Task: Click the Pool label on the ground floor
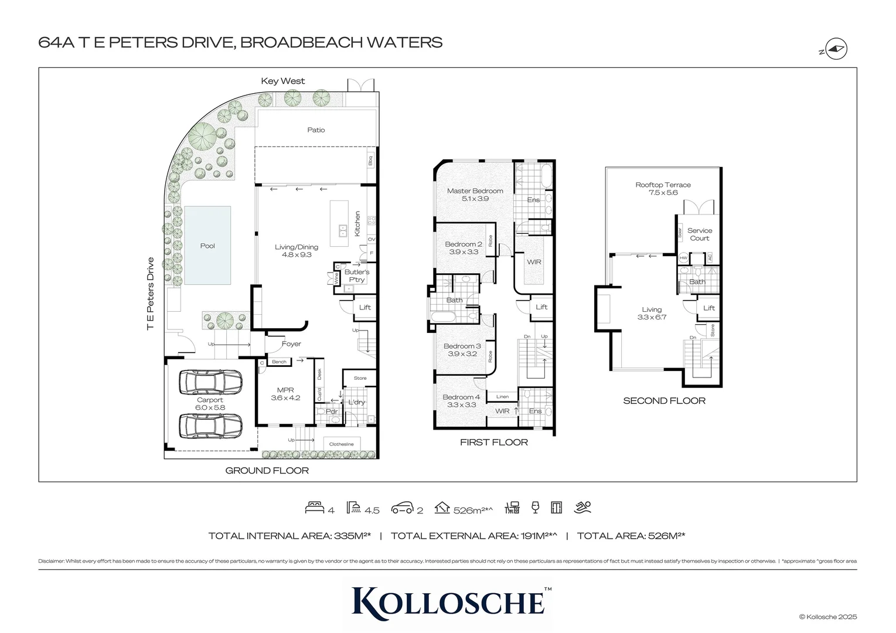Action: [207, 246]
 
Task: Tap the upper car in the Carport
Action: [210, 382]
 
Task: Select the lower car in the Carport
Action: [210, 426]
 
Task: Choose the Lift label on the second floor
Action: [709, 308]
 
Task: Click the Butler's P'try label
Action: [356, 275]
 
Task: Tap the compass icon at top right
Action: [836, 50]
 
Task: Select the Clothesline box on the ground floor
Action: [341, 444]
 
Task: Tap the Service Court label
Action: [699, 234]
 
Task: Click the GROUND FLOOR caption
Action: [267, 470]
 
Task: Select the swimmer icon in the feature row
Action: [583, 508]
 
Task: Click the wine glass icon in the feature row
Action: [534, 508]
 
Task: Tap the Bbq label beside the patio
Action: [370, 160]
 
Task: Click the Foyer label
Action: [291, 344]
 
